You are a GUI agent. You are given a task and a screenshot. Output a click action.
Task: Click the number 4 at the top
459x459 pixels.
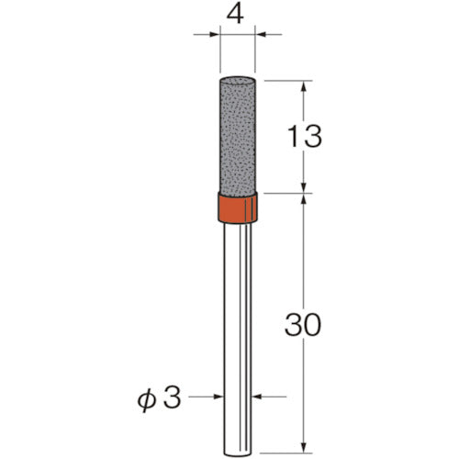[239, 16]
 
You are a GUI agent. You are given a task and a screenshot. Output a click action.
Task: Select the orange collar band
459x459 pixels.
[238, 208]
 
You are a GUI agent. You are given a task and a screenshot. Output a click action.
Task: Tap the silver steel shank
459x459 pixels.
[238, 321]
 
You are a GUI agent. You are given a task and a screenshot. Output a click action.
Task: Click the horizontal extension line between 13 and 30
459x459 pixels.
[289, 194]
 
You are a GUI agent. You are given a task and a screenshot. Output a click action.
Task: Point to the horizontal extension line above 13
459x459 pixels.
[289, 79]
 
